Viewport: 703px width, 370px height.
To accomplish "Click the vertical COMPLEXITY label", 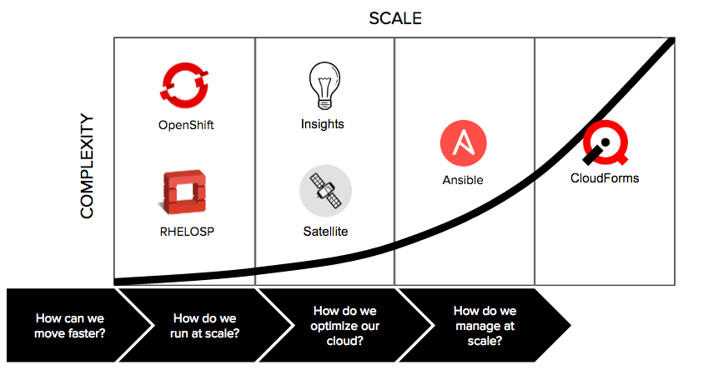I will click(x=88, y=167).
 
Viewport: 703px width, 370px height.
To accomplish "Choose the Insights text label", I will click(x=323, y=124).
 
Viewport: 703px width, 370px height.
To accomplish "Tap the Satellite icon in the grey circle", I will click(x=325, y=191).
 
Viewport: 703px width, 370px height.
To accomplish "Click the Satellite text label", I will click(x=325, y=231).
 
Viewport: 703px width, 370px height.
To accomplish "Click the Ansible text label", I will click(x=463, y=180).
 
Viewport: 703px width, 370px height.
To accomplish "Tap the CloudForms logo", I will click(x=602, y=144).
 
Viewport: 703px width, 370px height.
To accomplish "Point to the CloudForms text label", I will click(x=605, y=177).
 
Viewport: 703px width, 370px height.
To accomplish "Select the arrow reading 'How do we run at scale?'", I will click(x=205, y=325).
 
